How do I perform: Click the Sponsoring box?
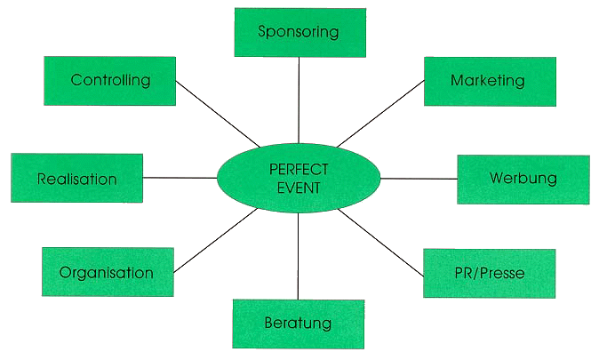(299, 32)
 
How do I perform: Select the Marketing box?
(489, 81)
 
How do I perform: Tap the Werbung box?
(523, 179)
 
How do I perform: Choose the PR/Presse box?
(489, 273)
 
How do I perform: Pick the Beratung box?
(298, 323)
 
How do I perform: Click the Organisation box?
(107, 272)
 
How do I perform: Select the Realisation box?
(77, 178)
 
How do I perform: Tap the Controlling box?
(110, 80)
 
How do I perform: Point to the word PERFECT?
(299, 169)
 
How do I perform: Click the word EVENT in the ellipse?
(299, 188)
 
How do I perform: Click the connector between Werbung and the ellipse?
(418, 179)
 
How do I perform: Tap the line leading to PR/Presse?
(382, 242)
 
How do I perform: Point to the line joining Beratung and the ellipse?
(299, 256)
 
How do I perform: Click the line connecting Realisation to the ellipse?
(180, 178)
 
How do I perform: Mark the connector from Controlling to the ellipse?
(218, 114)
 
